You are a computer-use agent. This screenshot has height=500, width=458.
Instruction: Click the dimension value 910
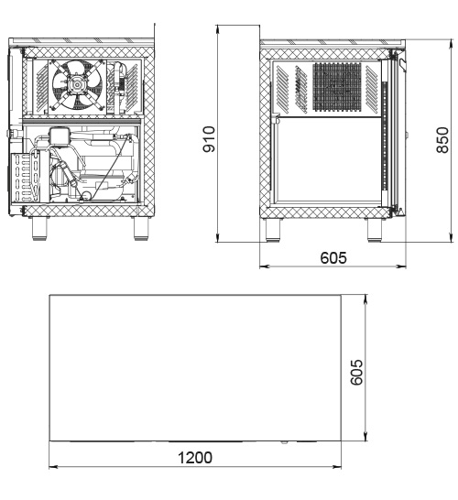pos(209,139)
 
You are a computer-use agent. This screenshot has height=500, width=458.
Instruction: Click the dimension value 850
pos(442,140)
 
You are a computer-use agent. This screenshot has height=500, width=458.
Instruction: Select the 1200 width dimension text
pos(194,458)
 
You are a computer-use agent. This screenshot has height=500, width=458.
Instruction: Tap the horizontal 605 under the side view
pos(333,257)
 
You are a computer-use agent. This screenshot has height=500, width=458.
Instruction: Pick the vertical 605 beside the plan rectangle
pos(356,372)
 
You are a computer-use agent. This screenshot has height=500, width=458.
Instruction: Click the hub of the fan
pos(78,84)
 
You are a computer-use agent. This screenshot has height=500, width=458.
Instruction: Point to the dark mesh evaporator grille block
pos(337,86)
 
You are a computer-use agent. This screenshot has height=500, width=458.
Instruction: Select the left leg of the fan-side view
pos(40,229)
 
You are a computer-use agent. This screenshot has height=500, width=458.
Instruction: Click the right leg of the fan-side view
pos(141,229)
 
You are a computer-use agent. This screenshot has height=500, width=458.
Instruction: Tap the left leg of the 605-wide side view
pos(273,230)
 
